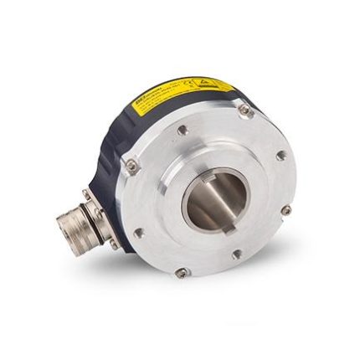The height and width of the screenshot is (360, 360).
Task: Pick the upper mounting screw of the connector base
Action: coord(87,194)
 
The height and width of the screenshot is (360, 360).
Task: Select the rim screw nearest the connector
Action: coord(131,167)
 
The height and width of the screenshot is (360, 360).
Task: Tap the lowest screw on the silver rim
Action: coord(180,271)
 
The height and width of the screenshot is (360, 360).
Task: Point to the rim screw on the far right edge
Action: coord(286,209)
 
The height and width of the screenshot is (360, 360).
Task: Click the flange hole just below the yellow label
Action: coord(181,131)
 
